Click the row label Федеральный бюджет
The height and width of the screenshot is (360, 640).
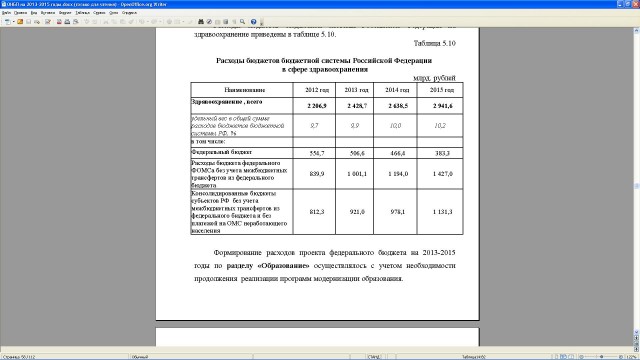(220, 152)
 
